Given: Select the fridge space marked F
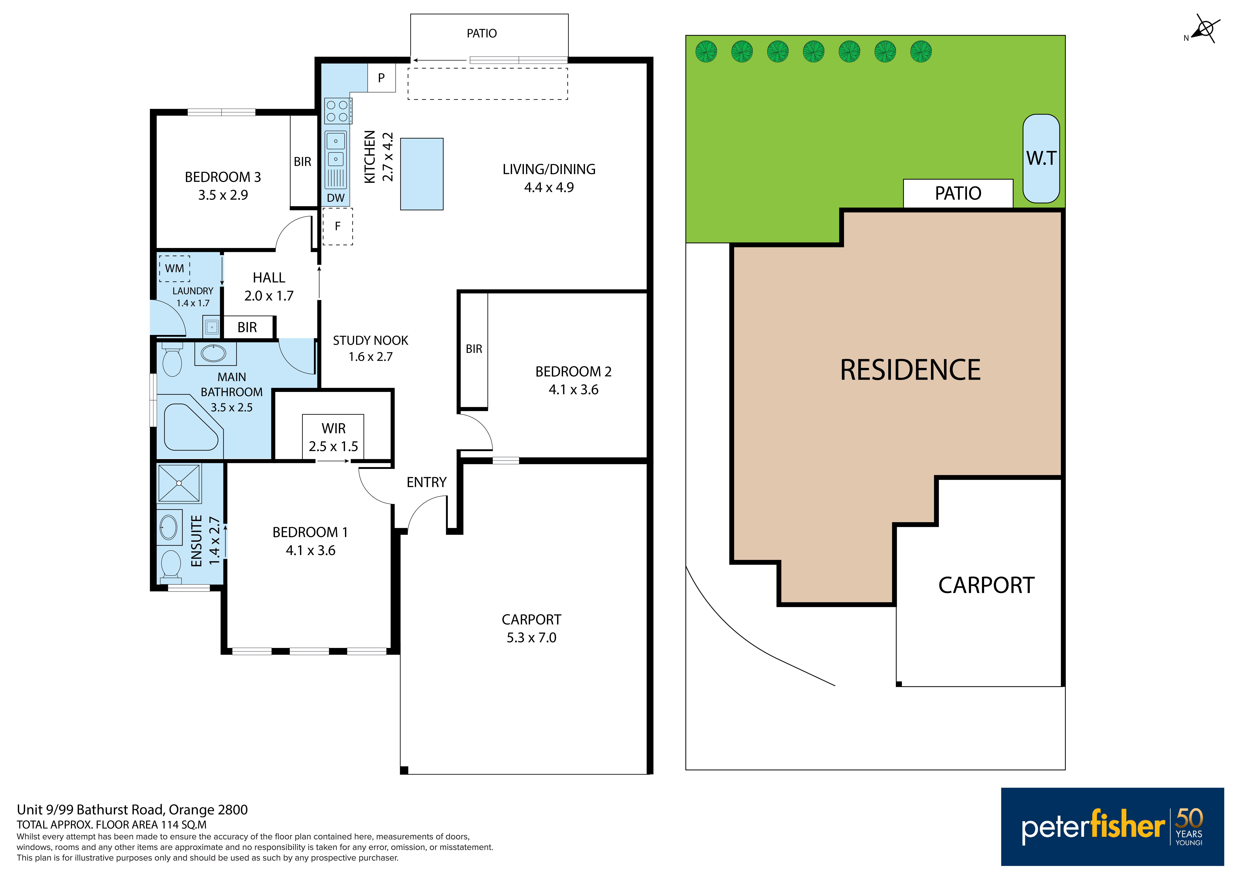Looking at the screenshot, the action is (338, 227).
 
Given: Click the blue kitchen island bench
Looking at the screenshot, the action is (422, 174).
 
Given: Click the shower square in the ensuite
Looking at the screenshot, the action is (179, 483).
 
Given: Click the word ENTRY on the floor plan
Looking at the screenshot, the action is (426, 482).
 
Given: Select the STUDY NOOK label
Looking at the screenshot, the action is (370, 340).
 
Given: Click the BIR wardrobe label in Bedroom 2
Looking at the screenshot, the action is (474, 349).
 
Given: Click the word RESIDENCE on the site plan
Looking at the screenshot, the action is (910, 370).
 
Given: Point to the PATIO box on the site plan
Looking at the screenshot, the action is (958, 193).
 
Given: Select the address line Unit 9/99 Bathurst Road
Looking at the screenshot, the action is (132, 810).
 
